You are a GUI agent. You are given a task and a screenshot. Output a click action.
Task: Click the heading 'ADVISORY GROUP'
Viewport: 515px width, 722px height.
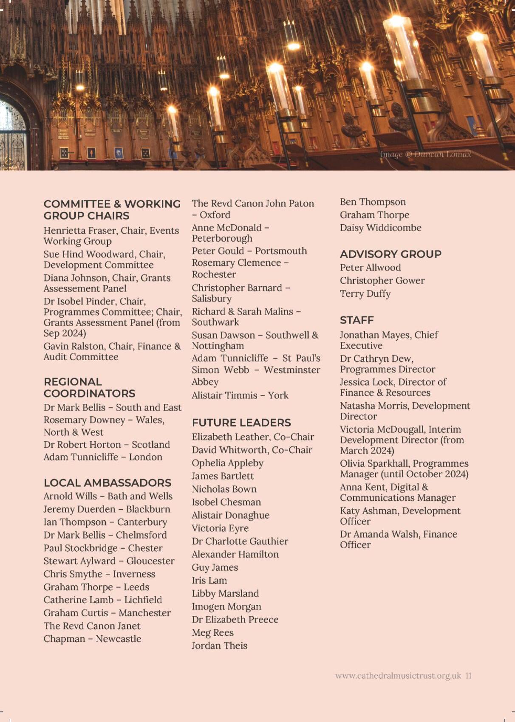click(390, 254)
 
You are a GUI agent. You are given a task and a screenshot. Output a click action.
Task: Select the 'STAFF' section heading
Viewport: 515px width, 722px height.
click(357, 320)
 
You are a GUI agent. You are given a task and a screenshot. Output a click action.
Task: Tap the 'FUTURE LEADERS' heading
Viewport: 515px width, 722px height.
click(241, 423)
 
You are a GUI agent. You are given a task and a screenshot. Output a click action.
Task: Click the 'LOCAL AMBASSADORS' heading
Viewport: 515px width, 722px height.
click(108, 482)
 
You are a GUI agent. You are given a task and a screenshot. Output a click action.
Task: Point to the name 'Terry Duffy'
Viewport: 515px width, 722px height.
click(365, 293)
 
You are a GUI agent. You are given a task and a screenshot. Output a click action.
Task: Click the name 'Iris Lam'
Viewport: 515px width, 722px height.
click(209, 580)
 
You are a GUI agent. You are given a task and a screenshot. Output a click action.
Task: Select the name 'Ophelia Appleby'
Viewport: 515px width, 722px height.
click(227, 463)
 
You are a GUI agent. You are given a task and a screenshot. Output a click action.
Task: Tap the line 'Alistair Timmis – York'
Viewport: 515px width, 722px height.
click(240, 395)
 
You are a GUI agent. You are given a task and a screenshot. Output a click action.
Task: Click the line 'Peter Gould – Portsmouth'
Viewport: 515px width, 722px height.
click(249, 251)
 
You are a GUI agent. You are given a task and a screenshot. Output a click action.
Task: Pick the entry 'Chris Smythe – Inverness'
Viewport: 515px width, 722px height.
click(99, 574)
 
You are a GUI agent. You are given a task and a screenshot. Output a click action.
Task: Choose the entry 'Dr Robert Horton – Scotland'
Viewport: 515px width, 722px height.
click(107, 445)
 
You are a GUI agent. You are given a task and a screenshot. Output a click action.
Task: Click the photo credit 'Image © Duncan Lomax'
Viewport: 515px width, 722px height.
click(425, 154)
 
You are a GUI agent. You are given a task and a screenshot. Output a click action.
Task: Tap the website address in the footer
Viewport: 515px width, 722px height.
click(398, 676)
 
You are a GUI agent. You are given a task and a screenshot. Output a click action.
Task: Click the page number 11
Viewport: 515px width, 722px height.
click(468, 676)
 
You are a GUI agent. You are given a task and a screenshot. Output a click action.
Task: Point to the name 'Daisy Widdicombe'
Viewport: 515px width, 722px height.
click(380, 228)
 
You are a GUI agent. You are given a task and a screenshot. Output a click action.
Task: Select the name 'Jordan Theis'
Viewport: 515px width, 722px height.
click(219, 646)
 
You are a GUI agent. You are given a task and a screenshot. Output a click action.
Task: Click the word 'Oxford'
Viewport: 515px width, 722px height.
click(215, 215)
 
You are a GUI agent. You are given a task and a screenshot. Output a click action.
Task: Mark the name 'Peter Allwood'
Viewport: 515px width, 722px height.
click(370, 268)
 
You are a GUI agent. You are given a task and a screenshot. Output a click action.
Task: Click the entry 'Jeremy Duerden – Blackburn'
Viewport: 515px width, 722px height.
click(107, 509)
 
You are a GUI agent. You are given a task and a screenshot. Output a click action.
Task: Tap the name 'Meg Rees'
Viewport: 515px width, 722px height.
click(212, 632)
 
